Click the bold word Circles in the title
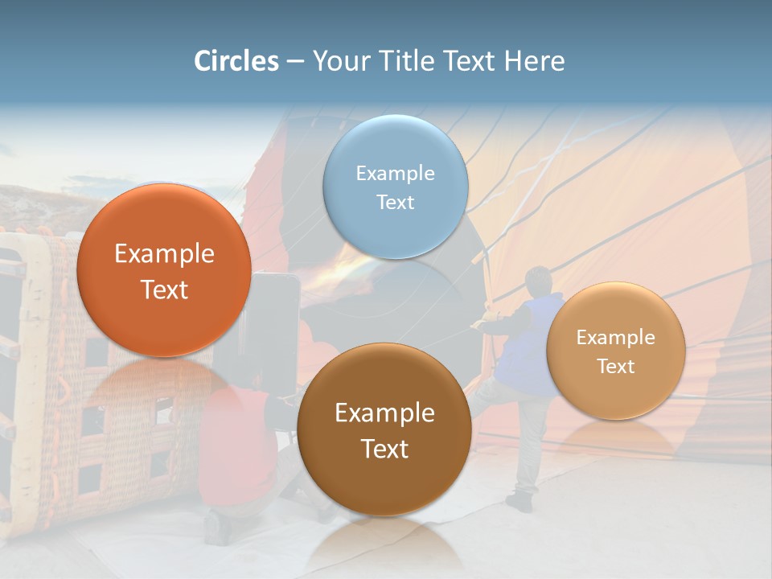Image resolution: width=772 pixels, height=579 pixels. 236,61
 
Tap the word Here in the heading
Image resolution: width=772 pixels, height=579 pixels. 535,61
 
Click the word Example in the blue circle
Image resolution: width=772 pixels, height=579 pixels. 395,173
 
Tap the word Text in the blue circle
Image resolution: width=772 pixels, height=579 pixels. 395,202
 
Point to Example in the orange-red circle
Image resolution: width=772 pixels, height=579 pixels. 164,254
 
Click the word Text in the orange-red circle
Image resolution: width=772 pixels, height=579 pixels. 164,289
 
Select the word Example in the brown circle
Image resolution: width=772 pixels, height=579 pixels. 384,413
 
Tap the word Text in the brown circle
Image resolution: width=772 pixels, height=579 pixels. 384,449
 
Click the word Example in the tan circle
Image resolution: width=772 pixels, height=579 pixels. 616,338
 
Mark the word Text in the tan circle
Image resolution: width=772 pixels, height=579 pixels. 616,367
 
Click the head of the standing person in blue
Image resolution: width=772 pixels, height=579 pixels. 537,281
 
